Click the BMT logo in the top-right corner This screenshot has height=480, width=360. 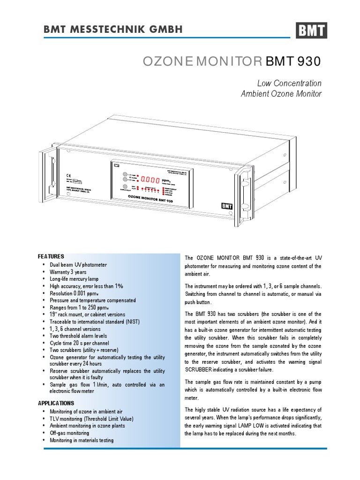[311, 31]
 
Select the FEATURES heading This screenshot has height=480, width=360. [51, 256]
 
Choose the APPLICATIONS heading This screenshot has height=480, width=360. [56, 403]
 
